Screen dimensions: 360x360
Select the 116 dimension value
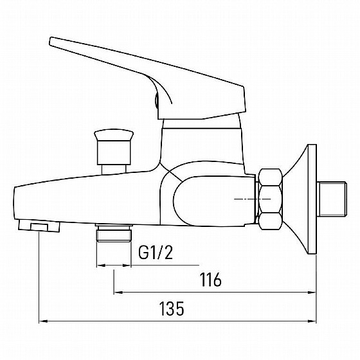pos(211,280)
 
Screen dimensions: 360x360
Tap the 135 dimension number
pos(172,309)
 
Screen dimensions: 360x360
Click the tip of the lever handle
pos(51,40)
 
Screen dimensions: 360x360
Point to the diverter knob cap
pos(114,135)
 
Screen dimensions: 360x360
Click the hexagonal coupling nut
pos(270,199)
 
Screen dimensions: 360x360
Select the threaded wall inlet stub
pos(332,199)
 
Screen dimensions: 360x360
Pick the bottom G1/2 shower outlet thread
pos(114,233)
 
